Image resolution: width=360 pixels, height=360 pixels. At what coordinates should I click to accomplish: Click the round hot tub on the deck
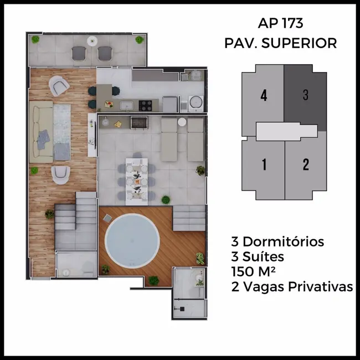coord(129,240)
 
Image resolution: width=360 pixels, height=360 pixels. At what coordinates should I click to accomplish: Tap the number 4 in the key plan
coord(264,95)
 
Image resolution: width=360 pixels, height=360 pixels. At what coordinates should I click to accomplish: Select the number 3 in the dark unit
coord(305,95)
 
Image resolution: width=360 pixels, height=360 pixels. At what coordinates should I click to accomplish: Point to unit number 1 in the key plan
coord(264,164)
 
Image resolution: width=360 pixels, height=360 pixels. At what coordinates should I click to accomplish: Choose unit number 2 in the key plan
coord(305,164)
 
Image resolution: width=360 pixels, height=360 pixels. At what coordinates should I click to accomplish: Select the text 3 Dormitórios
coord(277,241)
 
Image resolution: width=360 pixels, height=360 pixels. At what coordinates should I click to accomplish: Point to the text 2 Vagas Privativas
coord(292,286)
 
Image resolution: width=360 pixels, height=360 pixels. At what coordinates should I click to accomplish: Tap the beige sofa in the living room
coord(40,132)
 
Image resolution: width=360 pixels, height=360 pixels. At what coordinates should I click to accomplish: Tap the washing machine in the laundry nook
coord(196,102)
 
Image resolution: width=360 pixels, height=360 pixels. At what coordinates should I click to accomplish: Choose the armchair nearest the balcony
coord(59,85)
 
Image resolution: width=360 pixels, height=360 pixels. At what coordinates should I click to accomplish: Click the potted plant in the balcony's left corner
coord(36,39)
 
